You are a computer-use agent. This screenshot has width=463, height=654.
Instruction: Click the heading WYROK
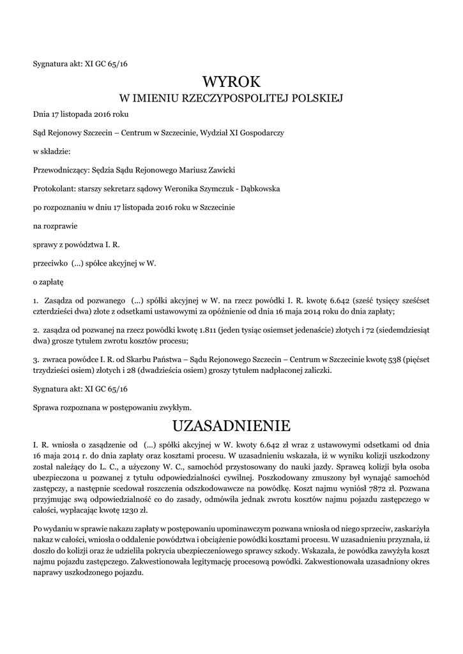pos(231,82)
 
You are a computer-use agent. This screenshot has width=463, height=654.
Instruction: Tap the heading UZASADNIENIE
pos(231,425)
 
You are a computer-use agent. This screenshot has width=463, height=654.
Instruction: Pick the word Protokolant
pos(53,189)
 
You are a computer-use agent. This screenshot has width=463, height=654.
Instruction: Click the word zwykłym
pos(176,406)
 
